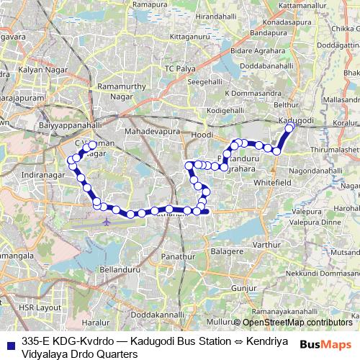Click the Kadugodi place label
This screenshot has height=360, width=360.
296,120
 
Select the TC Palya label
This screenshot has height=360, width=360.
180,68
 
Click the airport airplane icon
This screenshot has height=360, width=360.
107,220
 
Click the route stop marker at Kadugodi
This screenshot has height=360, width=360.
290,127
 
